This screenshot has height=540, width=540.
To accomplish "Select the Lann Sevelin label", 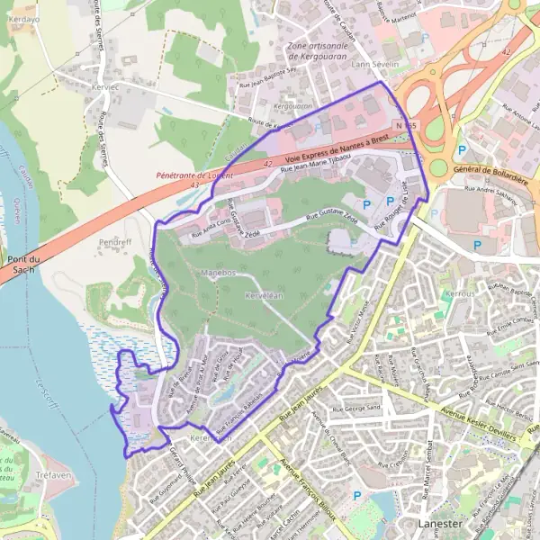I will pos(373,65).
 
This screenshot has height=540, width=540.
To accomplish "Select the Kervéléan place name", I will pos(265,295).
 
